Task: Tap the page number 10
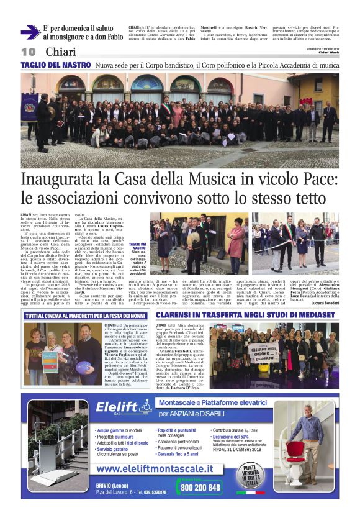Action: (29, 52)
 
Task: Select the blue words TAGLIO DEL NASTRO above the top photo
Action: (56, 65)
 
